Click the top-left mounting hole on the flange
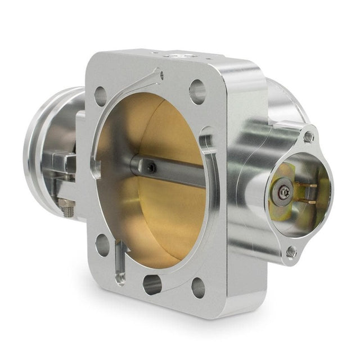101,96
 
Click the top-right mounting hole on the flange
197,92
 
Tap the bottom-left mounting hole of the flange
102,245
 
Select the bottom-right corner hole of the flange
198,287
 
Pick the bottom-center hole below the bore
152,285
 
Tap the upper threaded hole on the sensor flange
308,137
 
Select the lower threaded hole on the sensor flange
291,253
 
